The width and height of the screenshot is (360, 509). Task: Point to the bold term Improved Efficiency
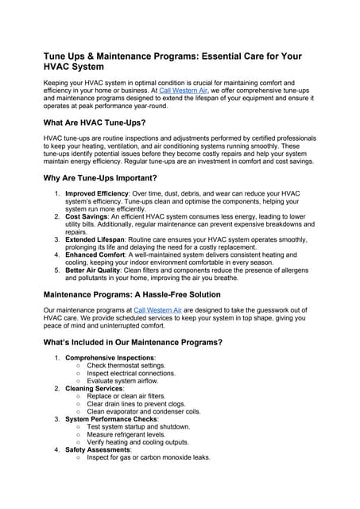pos(100,193)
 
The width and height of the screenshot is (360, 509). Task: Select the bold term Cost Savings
pos(88,216)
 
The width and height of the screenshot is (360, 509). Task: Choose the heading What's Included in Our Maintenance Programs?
pos(133,342)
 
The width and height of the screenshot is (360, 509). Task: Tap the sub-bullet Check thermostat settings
pos(131,365)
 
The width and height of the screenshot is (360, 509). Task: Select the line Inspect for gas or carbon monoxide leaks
pos(149,457)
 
